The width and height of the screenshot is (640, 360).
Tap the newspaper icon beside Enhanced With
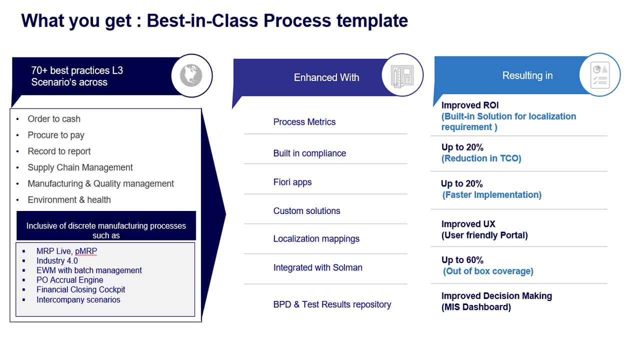tap(402, 75)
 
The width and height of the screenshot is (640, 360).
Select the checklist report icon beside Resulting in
tap(599, 75)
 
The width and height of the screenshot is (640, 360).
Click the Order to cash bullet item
tap(54, 119)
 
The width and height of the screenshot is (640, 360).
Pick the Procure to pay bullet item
tap(56, 135)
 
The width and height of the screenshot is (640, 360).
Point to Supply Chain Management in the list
tap(80, 167)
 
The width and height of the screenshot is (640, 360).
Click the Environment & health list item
tap(69, 200)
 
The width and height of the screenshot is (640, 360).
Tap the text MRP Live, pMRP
tap(66, 251)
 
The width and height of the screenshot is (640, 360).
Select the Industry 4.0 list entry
tap(57, 261)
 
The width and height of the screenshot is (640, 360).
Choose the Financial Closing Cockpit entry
tap(80, 290)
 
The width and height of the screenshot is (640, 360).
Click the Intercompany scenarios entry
tap(78, 300)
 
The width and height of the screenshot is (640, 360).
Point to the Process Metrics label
tap(304, 122)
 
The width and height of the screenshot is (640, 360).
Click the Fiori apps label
tap(292, 182)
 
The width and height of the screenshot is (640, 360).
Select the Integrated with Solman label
tap(317, 268)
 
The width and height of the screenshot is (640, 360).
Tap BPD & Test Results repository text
tap(332, 304)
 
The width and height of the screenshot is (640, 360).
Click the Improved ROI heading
tap(469, 105)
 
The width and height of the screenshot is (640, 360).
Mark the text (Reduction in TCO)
tap(481, 158)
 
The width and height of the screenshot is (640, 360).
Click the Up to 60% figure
tap(462, 260)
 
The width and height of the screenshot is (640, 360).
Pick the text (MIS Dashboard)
tap(476, 307)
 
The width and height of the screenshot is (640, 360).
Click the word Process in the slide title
tap(297, 21)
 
